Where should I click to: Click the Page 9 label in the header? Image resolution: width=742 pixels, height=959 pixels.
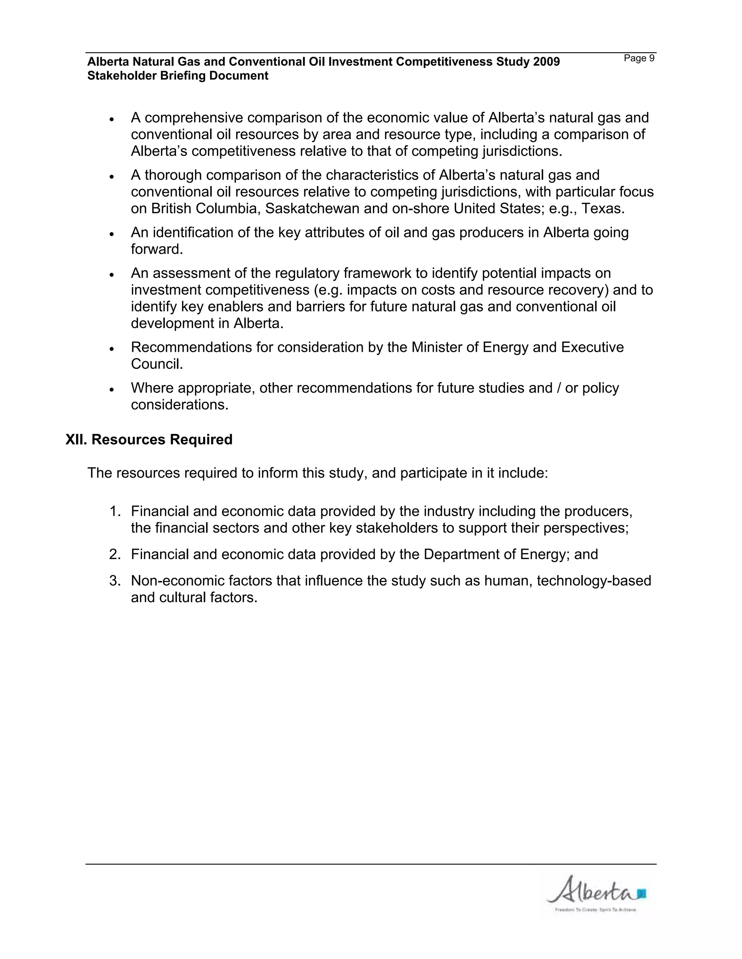[x=639, y=58]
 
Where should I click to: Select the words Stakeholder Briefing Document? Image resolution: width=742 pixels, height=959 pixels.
[x=178, y=76]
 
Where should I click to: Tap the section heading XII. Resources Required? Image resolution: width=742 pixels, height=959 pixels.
[x=149, y=440]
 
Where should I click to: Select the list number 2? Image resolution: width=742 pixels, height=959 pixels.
[x=115, y=554]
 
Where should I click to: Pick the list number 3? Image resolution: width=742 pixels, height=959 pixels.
[x=115, y=581]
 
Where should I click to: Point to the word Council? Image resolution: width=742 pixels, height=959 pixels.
[x=157, y=364]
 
